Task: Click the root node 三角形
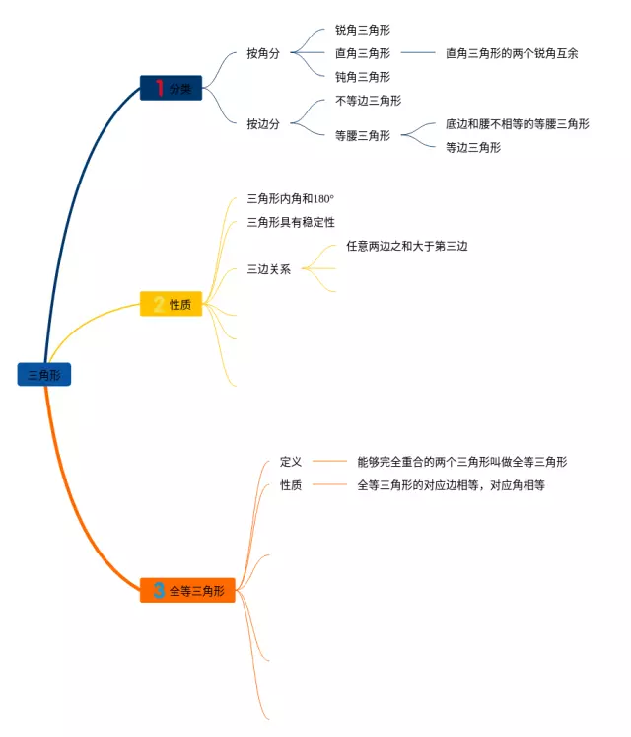[x=44, y=375]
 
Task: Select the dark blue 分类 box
[x=171, y=88]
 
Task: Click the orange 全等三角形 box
[x=187, y=591]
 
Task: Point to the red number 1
[x=159, y=88]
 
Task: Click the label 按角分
[x=263, y=54]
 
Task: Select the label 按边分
[x=263, y=124]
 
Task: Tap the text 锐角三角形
[x=363, y=31]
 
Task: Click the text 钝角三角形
[x=363, y=77]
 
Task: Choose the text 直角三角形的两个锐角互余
[x=512, y=54]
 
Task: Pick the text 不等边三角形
[x=369, y=101]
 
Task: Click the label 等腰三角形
[x=363, y=136]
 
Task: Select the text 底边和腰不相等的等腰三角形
[x=518, y=124]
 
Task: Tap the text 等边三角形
[x=473, y=148]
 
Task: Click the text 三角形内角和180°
[x=291, y=199]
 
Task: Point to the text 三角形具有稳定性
[x=291, y=223]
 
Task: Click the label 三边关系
[x=269, y=269]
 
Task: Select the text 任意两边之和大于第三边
[x=406, y=247]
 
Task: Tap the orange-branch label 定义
[x=291, y=462]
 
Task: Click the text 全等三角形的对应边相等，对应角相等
[x=451, y=485]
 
